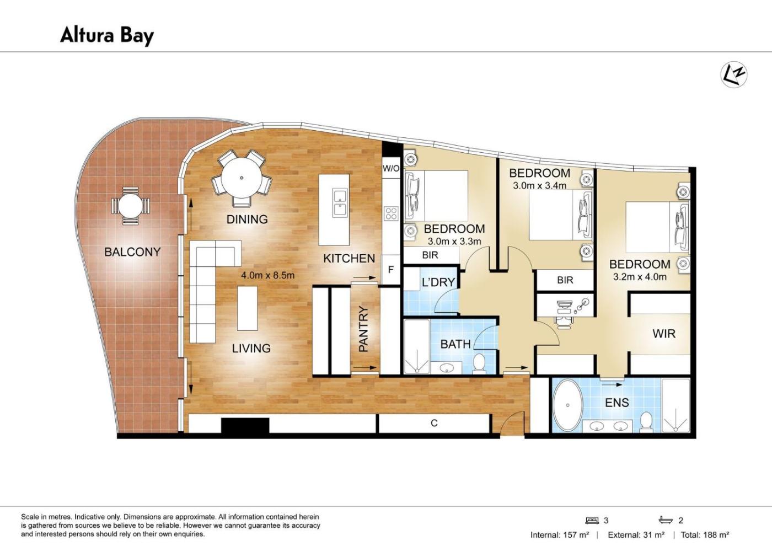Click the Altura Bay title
pyautogui.click(x=107, y=35)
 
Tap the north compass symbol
pyautogui.click(x=734, y=74)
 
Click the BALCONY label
pyautogui.click(x=132, y=252)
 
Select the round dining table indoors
pyautogui.click(x=242, y=178)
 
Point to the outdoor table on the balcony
pyautogui.click(x=131, y=206)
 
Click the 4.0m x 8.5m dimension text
pyautogui.click(x=267, y=275)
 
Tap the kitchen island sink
pyautogui.click(x=340, y=203)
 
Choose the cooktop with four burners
pyautogui.click(x=391, y=213)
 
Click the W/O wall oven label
pyautogui.click(x=391, y=169)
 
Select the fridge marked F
pyautogui.click(x=391, y=270)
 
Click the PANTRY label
pyautogui.click(x=363, y=329)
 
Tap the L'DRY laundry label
pyautogui.click(x=438, y=282)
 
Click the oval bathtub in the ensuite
pyautogui.click(x=567, y=405)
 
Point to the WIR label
pyautogui.click(x=664, y=334)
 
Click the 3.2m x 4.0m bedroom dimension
pyautogui.click(x=640, y=277)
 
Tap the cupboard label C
pyautogui.click(x=435, y=423)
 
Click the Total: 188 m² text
pyautogui.click(x=705, y=535)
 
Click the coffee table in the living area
pyautogui.click(x=248, y=308)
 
